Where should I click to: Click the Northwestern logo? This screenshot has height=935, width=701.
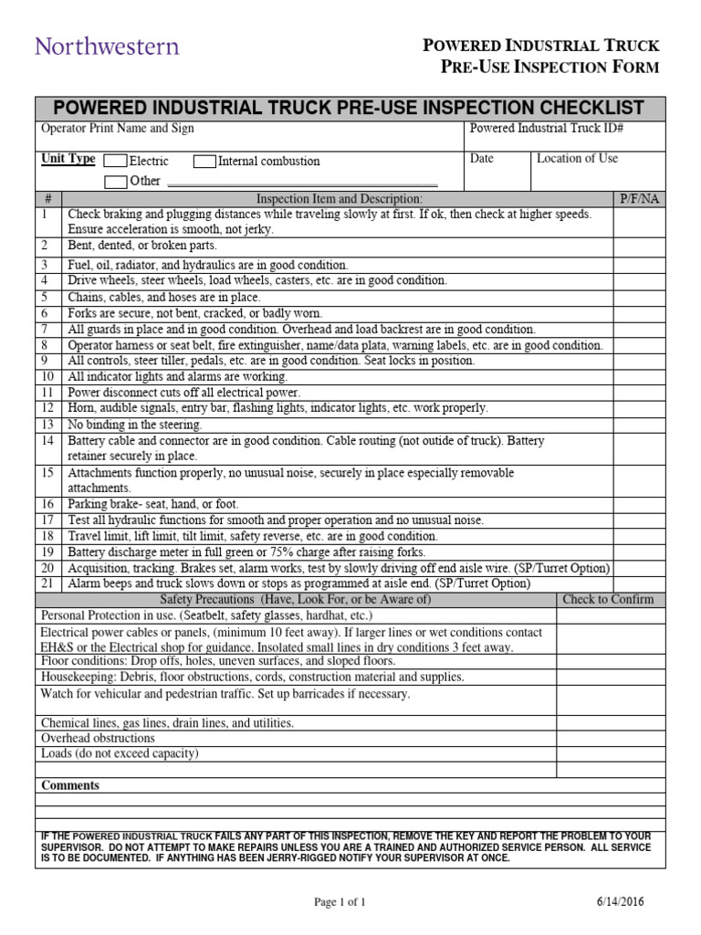[107, 46]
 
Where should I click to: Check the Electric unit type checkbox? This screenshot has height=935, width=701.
[116, 162]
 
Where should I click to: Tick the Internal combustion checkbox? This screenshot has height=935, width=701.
[204, 162]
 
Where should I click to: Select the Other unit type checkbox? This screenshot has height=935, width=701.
[116, 181]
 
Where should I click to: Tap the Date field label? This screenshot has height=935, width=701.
[481, 159]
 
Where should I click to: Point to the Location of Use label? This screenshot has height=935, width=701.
[577, 159]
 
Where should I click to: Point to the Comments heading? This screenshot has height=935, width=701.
[70, 785]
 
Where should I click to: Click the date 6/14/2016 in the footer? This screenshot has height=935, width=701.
[619, 902]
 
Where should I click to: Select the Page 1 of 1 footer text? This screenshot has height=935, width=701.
[340, 902]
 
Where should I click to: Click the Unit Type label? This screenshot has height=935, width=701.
[68, 159]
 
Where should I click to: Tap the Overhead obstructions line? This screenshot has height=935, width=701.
[98, 738]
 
